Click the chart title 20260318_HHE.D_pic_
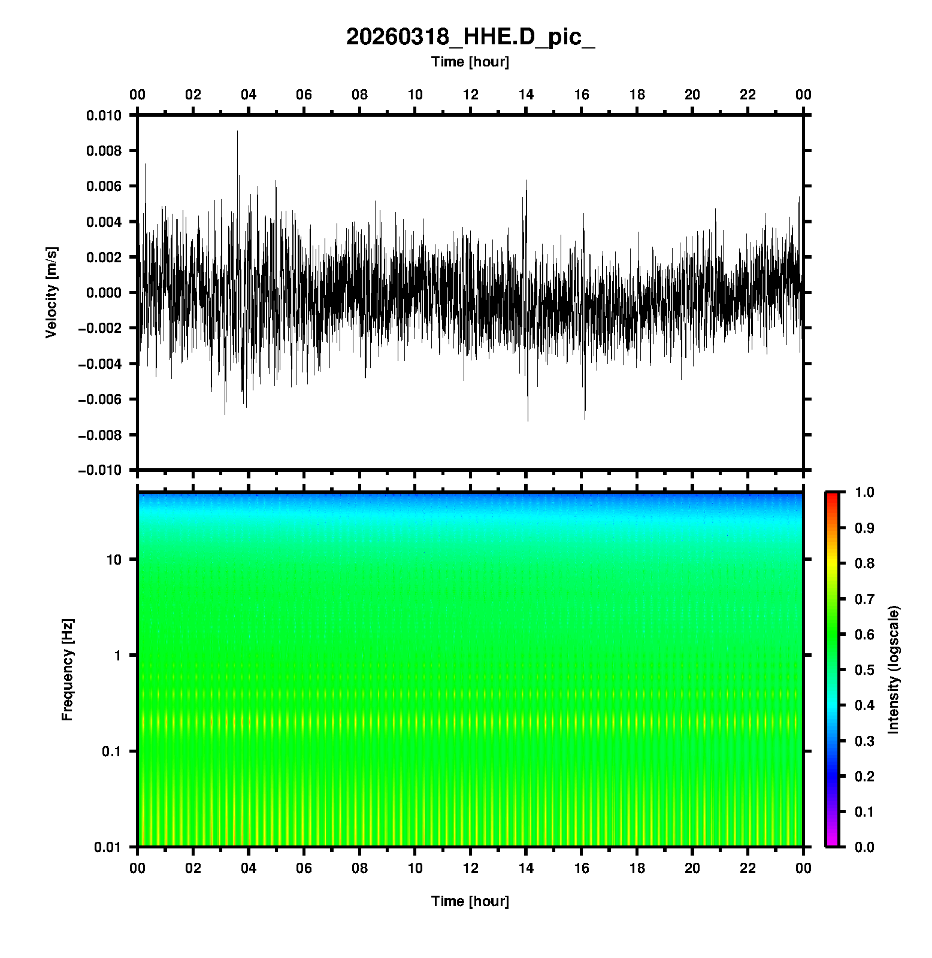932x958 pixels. (470, 37)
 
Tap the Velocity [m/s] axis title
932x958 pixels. (52, 292)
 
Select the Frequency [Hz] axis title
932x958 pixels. (67, 670)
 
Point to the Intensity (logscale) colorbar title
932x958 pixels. (894, 669)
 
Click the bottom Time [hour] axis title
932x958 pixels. (470, 901)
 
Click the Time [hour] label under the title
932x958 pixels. (470, 62)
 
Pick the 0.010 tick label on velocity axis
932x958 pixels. (104, 116)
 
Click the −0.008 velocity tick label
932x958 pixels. (99, 435)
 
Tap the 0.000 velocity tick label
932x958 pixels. (104, 293)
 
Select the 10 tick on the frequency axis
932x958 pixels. (114, 560)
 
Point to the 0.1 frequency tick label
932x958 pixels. (111, 751)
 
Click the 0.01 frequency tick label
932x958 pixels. (108, 847)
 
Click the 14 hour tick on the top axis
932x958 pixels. (526, 95)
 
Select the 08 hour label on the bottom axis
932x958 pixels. (359, 868)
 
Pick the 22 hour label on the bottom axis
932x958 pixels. (748, 868)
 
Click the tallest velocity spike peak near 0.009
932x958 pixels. (237, 132)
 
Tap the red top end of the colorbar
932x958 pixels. (832, 496)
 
